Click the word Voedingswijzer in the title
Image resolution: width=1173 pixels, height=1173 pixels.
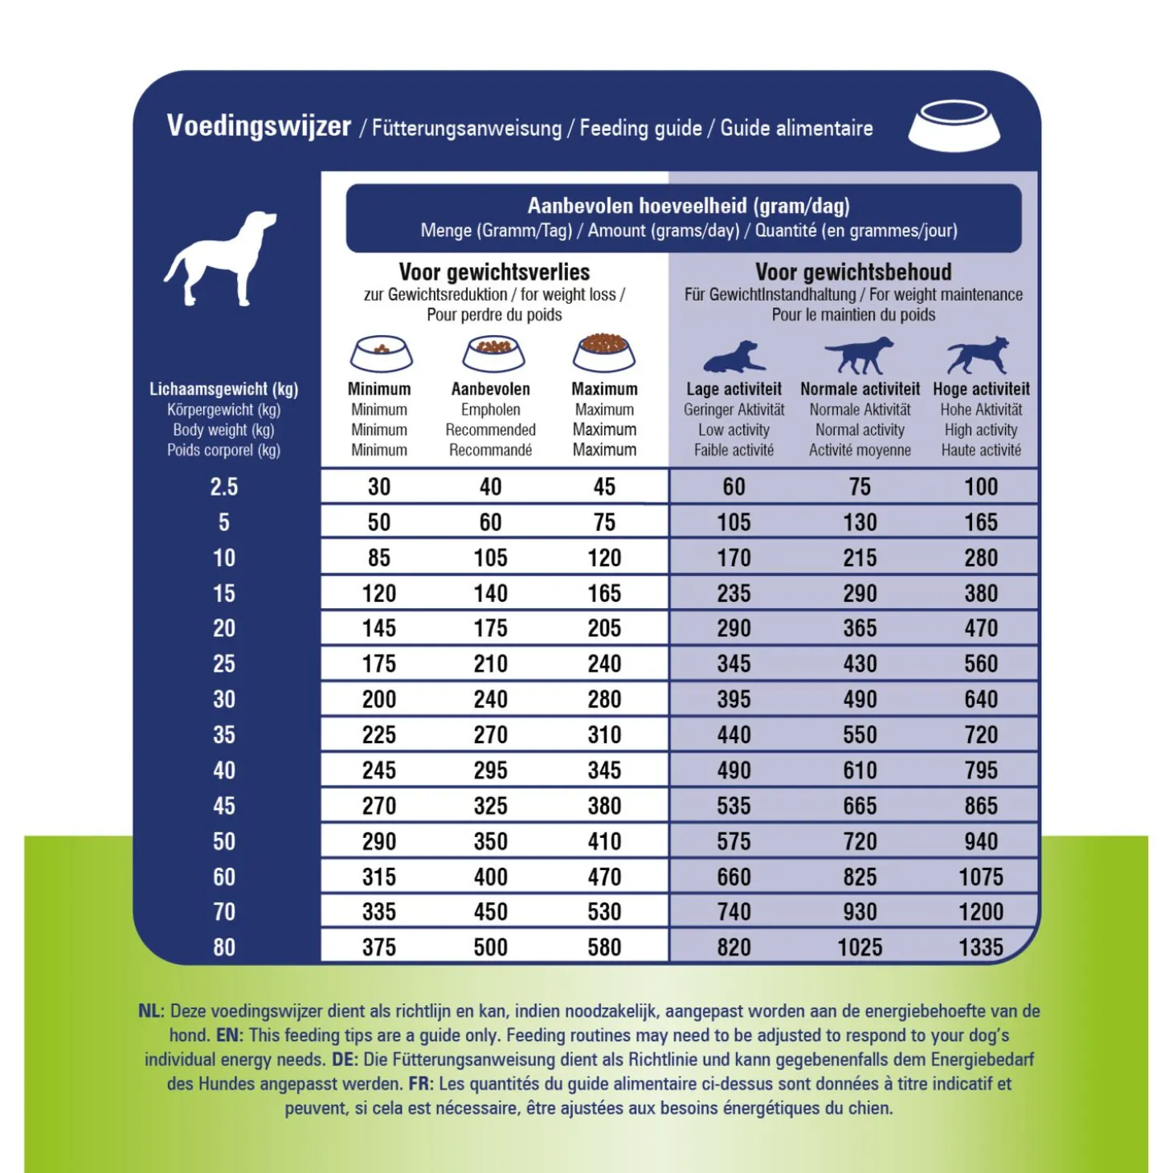tap(259, 126)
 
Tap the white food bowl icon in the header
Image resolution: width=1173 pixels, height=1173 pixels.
tap(954, 126)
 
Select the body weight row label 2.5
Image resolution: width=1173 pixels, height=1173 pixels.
tap(224, 487)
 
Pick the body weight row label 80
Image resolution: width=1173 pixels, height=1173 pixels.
tap(224, 947)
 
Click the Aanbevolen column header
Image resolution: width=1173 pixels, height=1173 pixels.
tap(490, 389)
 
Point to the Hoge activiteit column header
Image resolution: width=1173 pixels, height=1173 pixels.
tap(981, 389)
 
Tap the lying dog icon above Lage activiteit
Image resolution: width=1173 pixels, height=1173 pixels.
tap(734, 356)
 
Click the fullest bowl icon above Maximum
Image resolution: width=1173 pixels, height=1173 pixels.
tap(604, 352)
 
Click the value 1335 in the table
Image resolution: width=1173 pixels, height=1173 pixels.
tap(981, 947)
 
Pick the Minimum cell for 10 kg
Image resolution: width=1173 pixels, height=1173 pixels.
tap(379, 558)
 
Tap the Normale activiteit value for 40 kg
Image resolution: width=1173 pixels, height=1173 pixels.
tap(860, 770)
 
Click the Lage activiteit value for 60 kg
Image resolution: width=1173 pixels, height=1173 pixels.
tap(734, 877)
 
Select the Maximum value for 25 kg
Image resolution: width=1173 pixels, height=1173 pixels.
tap(604, 664)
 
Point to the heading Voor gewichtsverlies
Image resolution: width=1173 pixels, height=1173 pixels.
tap(494, 272)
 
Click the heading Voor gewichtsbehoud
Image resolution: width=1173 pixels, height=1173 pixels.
tap(853, 272)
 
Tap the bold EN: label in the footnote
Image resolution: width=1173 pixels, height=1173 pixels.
tap(230, 1035)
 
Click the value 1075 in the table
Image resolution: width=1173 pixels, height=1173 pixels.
tap(981, 877)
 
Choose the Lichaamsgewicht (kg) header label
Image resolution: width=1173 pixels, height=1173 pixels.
tap(223, 389)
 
